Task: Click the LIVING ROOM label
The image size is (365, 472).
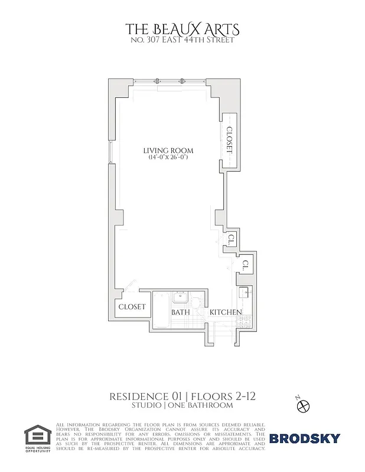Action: [x=168, y=151]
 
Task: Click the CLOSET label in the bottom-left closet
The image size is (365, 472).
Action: [x=132, y=307]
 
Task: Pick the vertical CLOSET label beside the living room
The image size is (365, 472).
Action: [x=230, y=140]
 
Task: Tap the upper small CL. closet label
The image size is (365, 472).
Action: [x=232, y=240]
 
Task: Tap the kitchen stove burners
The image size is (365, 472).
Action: [x=245, y=321]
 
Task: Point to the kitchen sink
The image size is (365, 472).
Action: [x=243, y=293]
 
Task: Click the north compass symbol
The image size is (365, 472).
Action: [x=304, y=405]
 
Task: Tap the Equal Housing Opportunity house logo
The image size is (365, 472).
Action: [x=37, y=434]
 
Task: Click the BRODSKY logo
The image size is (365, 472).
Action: [x=305, y=438]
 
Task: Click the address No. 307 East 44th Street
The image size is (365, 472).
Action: [x=182, y=40]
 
